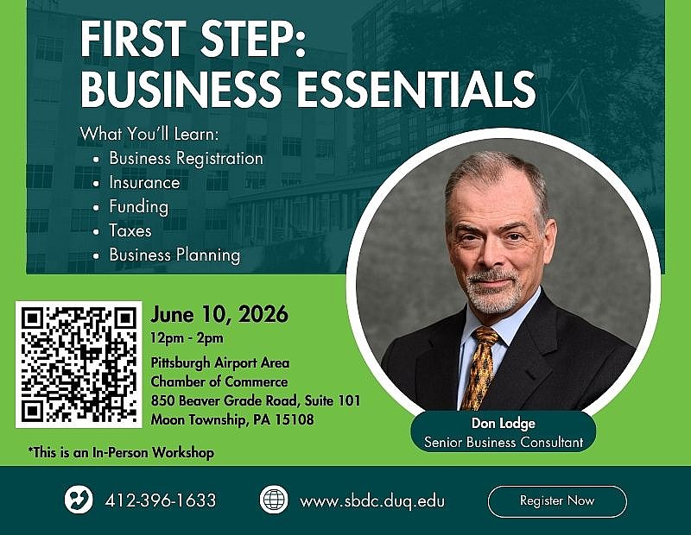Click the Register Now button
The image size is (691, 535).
557,500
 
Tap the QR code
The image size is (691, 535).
78,363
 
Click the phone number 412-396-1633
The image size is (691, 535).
160,500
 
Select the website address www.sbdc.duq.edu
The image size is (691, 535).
372,500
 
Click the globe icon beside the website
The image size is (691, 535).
273,500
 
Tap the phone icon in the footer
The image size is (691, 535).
79,500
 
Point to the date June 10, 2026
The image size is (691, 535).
219,313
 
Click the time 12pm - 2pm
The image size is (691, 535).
187,337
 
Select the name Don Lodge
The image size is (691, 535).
504,424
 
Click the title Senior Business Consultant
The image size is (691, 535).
504,442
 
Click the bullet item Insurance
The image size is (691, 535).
144,182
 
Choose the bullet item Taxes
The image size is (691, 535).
130,230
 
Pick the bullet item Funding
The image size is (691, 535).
138,206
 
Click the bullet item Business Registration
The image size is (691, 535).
186,158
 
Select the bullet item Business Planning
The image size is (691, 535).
174,255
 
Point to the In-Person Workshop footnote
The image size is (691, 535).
120,452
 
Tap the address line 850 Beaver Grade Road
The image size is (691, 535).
255,400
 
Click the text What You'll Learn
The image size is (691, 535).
149,134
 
